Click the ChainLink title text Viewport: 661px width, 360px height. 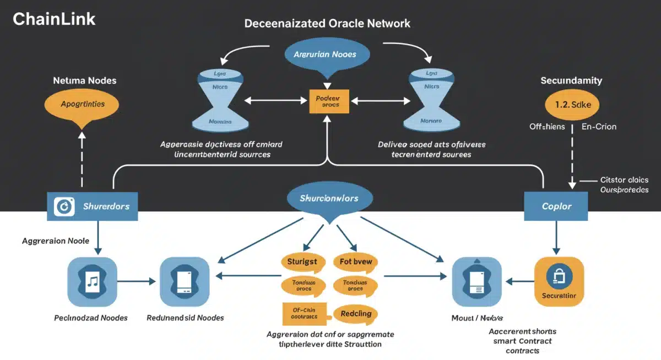[54, 19]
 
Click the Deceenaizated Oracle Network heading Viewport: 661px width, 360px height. [327, 24]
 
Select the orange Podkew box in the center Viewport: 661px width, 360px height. [328, 101]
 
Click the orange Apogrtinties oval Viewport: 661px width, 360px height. [82, 103]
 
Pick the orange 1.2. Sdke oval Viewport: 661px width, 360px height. [571, 104]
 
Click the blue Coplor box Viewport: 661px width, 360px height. [556, 206]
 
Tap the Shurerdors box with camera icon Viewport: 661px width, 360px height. [93, 206]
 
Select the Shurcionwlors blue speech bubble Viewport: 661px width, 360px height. [329, 199]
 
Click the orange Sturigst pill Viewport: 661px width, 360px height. [302, 262]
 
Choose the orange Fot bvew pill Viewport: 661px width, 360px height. [356, 262]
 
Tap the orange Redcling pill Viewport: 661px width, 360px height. [356, 314]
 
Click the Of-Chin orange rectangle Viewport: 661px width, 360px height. [304, 314]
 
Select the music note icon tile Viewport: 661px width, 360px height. [92, 282]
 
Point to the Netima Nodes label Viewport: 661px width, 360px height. [84, 80]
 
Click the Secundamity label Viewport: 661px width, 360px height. [571, 80]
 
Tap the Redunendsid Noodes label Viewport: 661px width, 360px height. [185, 318]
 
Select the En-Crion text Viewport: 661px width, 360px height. [599, 127]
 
